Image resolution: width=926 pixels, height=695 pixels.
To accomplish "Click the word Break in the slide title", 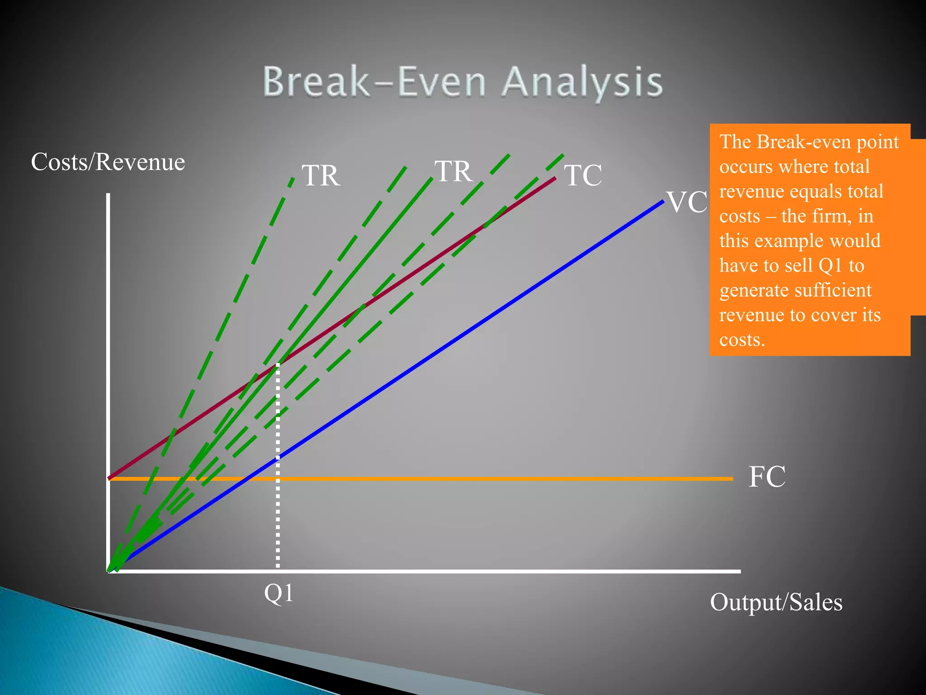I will tap(317, 82).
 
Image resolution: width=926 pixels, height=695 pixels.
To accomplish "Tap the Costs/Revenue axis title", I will tap(108, 162).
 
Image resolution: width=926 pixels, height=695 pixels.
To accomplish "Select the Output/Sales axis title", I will tap(776, 602).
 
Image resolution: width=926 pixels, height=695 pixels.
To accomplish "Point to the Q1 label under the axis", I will tap(279, 593).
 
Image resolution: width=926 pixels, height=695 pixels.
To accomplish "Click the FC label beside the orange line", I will tap(767, 476).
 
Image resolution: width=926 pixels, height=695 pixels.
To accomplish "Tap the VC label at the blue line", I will tap(687, 202).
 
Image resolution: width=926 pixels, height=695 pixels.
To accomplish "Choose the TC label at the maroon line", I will tap(583, 176).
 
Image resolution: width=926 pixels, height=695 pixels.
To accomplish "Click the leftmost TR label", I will tap(321, 176).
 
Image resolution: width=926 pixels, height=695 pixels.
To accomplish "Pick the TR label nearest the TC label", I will tap(454, 171).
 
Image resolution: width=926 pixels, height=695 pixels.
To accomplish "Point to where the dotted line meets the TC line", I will tap(278, 364).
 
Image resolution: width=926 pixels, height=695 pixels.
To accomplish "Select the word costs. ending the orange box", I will tap(742, 340).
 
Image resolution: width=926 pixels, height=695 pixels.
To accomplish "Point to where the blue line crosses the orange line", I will tap(245, 479).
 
